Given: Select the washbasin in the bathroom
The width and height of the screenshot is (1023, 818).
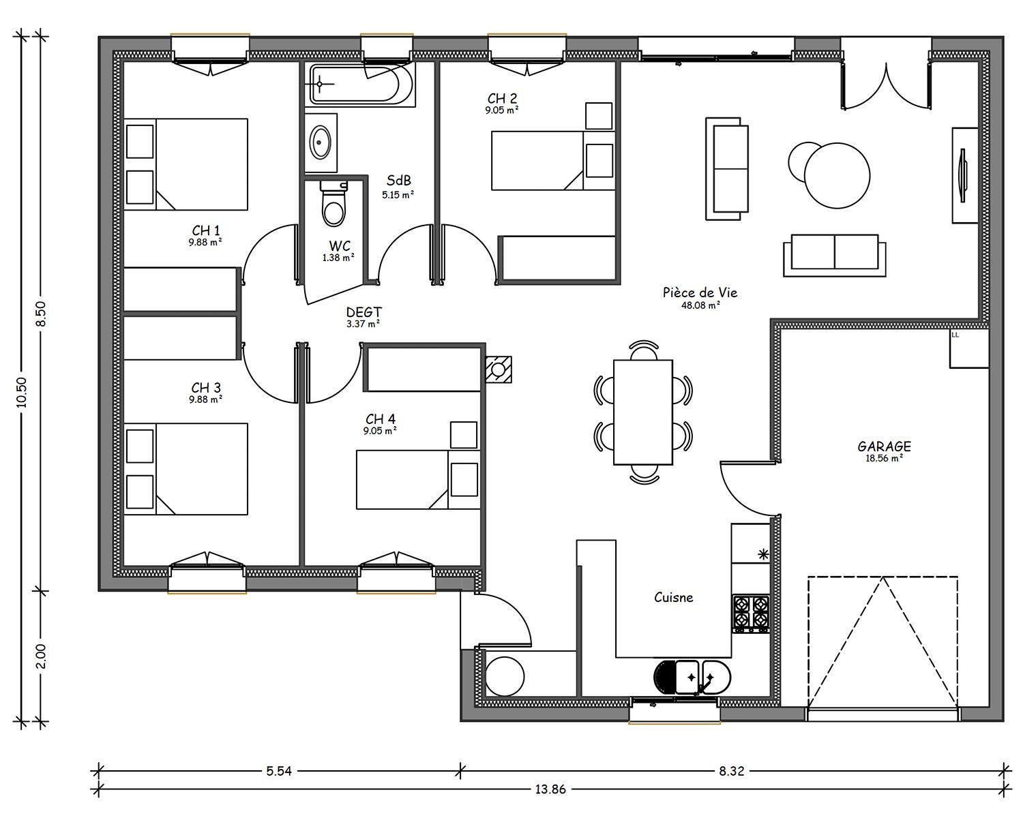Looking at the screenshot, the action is pyautogui.click(x=321, y=142).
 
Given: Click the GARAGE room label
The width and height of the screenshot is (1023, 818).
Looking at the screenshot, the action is pyautogui.click(x=884, y=446).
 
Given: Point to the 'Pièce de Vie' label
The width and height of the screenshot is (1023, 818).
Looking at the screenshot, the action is pyautogui.click(x=700, y=292).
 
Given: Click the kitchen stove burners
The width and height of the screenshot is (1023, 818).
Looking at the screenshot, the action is pyautogui.click(x=751, y=615).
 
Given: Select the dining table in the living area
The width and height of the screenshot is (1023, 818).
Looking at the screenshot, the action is pyautogui.click(x=642, y=412).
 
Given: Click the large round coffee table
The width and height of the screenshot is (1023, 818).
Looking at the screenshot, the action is pyautogui.click(x=837, y=175).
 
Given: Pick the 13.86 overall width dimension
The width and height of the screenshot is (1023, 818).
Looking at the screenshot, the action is pyautogui.click(x=550, y=789).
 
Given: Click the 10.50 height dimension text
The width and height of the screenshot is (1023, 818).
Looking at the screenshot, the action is pyautogui.click(x=22, y=392).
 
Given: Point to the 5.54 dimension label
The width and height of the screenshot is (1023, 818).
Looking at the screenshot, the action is pyautogui.click(x=278, y=771).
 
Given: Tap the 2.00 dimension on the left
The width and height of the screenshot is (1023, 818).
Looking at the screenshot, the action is pyautogui.click(x=42, y=656).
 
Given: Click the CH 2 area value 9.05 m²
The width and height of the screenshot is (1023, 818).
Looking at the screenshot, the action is pyautogui.click(x=502, y=110).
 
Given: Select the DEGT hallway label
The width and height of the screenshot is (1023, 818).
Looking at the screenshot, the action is pyautogui.click(x=364, y=312).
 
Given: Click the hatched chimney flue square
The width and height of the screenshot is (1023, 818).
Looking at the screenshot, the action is pyautogui.click(x=499, y=369).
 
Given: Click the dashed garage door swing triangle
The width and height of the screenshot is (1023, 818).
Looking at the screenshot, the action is pyautogui.click(x=883, y=642).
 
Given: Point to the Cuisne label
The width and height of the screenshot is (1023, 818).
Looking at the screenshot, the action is pyautogui.click(x=674, y=597).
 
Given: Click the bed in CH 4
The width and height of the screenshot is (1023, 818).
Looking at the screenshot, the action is pyautogui.click(x=418, y=480).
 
